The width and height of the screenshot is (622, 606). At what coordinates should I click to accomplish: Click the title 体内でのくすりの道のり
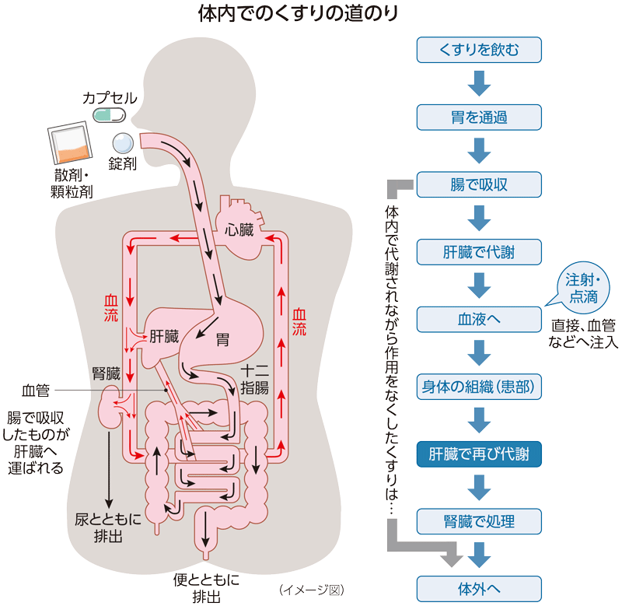[310, 14]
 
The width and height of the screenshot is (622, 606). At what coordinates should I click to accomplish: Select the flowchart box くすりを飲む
[479, 51]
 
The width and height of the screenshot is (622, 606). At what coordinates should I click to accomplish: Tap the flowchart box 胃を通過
[479, 117]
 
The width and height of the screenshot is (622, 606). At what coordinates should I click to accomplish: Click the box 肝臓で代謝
[479, 252]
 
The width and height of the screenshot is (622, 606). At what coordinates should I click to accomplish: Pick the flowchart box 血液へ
[479, 319]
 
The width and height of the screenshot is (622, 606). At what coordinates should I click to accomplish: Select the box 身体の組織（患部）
[479, 386]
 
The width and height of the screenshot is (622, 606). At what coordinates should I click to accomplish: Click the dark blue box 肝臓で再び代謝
[479, 453]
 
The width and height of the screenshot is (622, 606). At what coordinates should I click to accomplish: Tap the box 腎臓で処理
[479, 520]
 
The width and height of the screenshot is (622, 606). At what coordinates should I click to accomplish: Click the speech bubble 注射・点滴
[582, 288]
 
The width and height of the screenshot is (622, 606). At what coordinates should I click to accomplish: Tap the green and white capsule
[109, 116]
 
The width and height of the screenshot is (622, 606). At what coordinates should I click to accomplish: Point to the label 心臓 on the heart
[239, 230]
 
